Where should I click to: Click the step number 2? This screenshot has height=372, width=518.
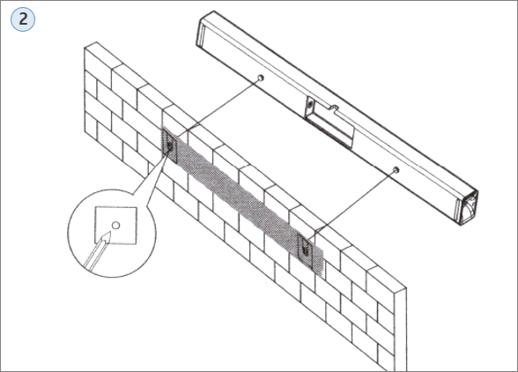[x=23, y=19]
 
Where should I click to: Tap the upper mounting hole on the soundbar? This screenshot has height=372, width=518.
[x=261, y=78]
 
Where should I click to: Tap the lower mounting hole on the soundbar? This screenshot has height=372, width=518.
[x=396, y=170]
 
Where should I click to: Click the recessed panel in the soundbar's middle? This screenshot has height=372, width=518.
[x=329, y=123]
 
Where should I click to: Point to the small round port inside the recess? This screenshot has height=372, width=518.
[x=310, y=105]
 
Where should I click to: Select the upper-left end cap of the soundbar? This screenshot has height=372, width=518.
[x=201, y=33]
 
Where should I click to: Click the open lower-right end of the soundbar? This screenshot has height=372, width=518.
[x=469, y=207]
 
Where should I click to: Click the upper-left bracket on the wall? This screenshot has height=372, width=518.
[x=169, y=146]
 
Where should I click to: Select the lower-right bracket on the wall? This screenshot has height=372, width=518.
[x=305, y=250]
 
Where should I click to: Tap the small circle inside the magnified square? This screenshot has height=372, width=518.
[x=115, y=226]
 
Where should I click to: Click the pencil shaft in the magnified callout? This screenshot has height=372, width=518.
[x=97, y=253]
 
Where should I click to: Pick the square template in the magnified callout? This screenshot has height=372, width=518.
[x=116, y=226]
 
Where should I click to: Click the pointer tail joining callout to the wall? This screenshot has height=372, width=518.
[x=150, y=175]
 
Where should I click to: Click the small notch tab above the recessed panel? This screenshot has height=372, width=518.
[x=334, y=108]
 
